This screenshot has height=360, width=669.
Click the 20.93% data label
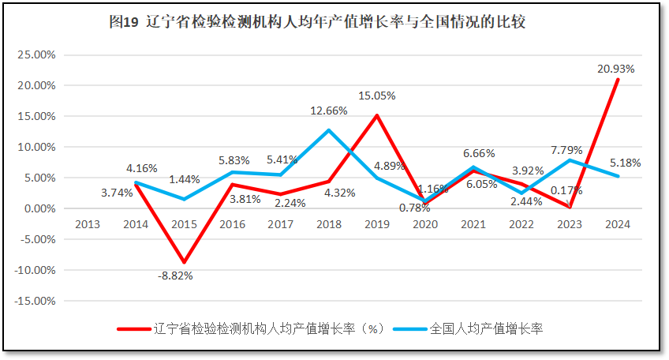(615, 69)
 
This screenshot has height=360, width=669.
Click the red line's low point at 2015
(185, 262)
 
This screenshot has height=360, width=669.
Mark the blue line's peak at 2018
(329, 130)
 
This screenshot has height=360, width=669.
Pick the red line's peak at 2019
(377, 115)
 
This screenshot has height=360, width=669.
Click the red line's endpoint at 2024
(618, 80)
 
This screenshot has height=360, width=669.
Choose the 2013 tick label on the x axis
(88, 224)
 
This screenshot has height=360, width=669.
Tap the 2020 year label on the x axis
(425, 224)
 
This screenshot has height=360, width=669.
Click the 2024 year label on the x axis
(618, 224)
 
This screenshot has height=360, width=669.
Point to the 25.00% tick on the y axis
(36, 54)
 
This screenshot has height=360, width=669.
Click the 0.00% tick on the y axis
(38, 208)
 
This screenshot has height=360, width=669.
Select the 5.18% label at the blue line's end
(626, 163)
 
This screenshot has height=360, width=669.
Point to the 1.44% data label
(185, 179)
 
